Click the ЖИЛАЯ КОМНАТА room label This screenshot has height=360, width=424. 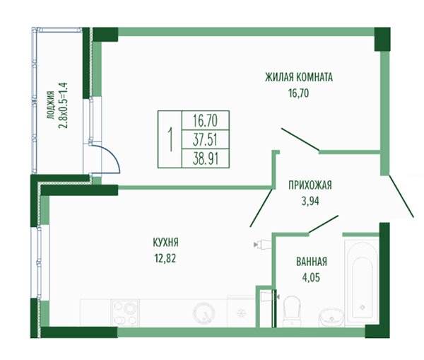[x=299, y=77]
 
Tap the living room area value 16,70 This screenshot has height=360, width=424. [x=298, y=93]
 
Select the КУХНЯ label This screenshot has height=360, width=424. [x=166, y=243]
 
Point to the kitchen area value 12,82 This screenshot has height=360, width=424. [x=165, y=258]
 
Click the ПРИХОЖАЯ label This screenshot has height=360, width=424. [x=310, y=185]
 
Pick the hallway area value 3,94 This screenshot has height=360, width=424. [x=310, y=201]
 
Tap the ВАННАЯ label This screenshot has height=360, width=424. [x=312, y=262]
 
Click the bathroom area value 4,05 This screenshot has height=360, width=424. [x=311, y=278]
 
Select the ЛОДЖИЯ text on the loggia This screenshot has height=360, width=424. [x=51, y=105]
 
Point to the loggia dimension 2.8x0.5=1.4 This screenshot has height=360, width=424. [x=63, y=105]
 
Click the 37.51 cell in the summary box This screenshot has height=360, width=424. [x=205, y=139]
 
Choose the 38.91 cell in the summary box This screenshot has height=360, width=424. [x=206, y=158]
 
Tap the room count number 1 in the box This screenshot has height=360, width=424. [x=170, y=139]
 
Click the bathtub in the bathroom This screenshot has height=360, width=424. [x=362, y=281]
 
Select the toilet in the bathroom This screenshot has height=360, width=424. [x=291, y=310]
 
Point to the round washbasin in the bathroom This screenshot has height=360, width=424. [x=331, y=318]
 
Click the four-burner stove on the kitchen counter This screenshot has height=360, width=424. [x=125, y=313]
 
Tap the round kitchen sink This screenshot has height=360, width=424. [x=204, y=313]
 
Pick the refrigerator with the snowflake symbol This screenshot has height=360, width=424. [x=241, y=311]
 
